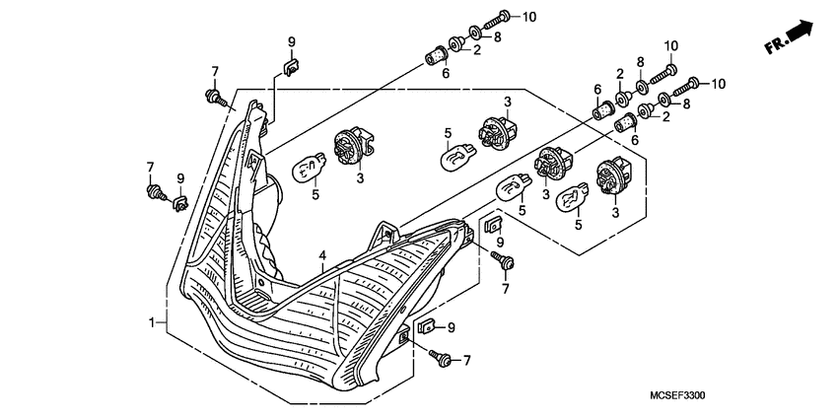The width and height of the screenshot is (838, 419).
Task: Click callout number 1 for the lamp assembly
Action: click(x=153, y=322)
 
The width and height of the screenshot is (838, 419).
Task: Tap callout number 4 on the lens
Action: click(x=321, y=255)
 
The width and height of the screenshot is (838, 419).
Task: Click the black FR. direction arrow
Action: click(x=801, y=35)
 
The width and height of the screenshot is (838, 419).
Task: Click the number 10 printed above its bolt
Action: click(x=671, y=45)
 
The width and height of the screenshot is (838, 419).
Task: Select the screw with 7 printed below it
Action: click(x=507, y=260)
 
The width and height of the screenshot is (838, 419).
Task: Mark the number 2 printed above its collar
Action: click(x=620, y=74)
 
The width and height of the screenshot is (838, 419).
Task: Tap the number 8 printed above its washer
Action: click(x=642, y=61)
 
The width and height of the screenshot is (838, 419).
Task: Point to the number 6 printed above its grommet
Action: click(x=596, y=88)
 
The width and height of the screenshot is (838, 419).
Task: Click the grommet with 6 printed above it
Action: click(x=599, y=110)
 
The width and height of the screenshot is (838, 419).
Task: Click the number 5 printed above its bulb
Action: click(x=447, y=133)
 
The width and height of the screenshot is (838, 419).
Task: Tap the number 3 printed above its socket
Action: click(x=507, y=102)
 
